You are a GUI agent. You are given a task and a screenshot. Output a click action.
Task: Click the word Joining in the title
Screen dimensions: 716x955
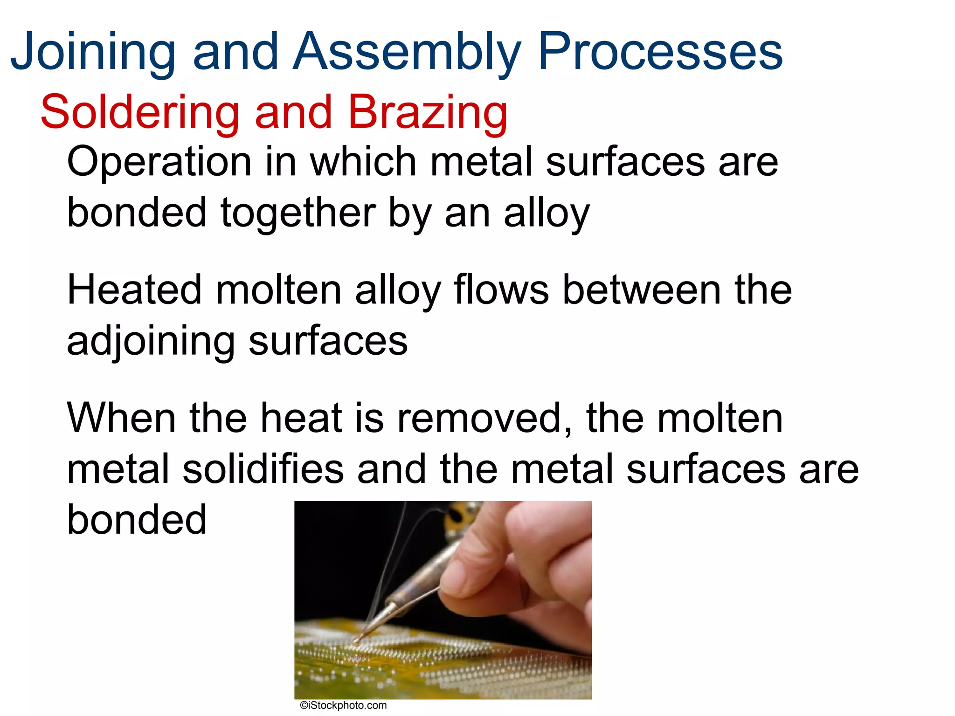pyautogui.click(x=93, y=51)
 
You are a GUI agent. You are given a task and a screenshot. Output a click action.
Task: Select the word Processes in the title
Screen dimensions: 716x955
pyautogui.click(x=660, y=51)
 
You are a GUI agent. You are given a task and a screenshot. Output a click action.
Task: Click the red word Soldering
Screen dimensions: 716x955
pyautogui.click(x=139, y=112)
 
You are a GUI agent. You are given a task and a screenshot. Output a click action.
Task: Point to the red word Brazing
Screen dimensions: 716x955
pyautogui.click(x=428, y=112)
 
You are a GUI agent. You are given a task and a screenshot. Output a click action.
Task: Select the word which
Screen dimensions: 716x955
pyautogui.click(x=363, y=162)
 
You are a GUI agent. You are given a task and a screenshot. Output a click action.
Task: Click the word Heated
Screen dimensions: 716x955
pyautogui.click(x=135, y=290)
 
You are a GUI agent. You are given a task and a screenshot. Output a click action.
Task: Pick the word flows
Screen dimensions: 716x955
pyautogui.click(x=501, y=290)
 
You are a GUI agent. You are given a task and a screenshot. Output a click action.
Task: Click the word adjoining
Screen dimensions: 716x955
pyautogui.click(x=151, y=341)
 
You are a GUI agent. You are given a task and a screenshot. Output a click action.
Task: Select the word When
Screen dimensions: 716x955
pyautogui.click(x=122, y=418)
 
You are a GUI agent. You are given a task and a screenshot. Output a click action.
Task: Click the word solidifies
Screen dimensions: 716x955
pyautogui.click(x=263, y=469)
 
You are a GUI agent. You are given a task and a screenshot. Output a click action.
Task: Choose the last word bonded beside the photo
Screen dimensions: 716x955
pyautogui.click(x=137, y=520)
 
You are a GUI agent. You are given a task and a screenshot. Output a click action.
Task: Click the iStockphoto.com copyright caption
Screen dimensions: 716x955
pyautogui.click(x=343, y=705)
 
